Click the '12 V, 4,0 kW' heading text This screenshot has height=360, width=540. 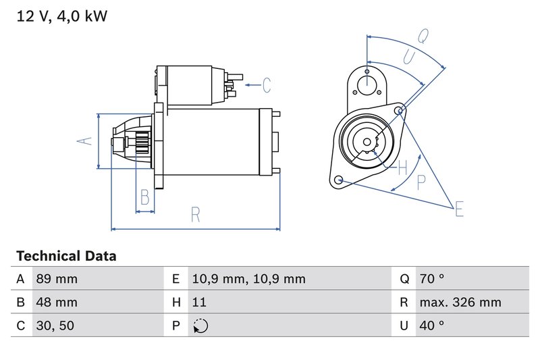coord(61,16)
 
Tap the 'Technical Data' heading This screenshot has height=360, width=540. coord(66,256)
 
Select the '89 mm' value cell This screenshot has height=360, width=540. coord(56,279)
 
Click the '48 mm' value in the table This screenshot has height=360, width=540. coord(56,303)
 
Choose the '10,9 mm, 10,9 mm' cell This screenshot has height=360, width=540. coord(248,279)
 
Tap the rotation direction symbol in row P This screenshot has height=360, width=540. coord(200,326)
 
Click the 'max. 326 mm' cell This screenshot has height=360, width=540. coord(459,303)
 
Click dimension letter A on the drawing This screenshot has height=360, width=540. coord(83,141)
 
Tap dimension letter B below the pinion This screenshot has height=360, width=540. coord(144,197)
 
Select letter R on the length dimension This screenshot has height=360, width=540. coord(195,215)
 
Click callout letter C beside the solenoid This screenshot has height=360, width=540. coord(267,85)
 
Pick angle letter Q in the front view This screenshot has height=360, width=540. coord(423,36)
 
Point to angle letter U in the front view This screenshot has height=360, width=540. coord(408,57)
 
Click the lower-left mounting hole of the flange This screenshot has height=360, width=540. coord(339,180)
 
